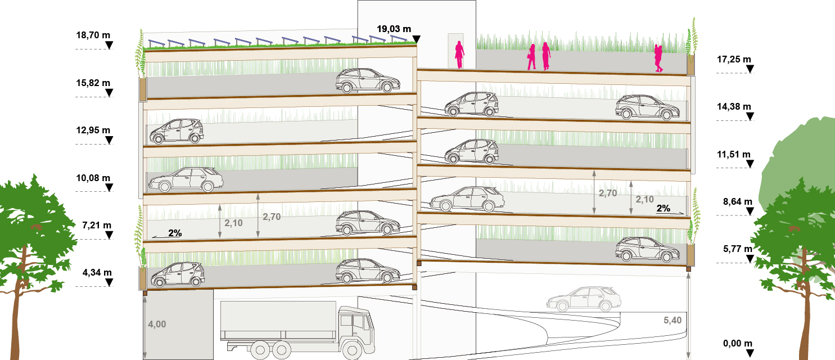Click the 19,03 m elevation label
point(394,29)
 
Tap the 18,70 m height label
point(93,35)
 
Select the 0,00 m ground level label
point(738,344)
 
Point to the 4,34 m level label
point(97,273)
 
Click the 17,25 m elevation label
point(734,59)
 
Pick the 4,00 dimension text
point(157,324)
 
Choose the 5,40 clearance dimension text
point(672,320)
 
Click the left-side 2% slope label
point(175,233)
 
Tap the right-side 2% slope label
point(664,208)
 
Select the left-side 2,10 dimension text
point(233,223)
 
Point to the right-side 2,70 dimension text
point(608,193)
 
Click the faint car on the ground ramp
point(584,299)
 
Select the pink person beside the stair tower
point(459,55)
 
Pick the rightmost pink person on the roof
point(658,58)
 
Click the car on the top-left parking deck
point(368,80)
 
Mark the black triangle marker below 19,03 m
point(417,39)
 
